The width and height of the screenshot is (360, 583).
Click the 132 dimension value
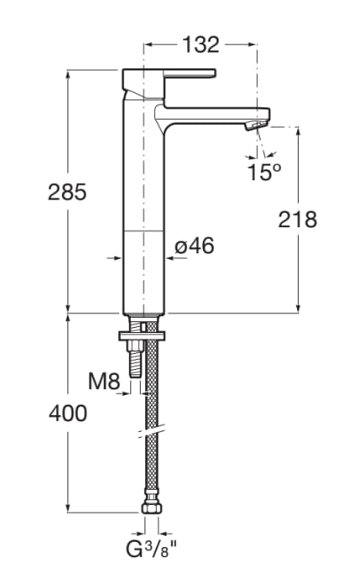(x=201, y=44)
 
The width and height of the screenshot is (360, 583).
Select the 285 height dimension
(x=67, y=192)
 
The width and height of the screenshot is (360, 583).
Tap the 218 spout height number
(x=298, y=220)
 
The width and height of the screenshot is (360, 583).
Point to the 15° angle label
(x=263, y=172)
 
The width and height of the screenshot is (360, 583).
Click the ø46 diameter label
(x=195, y=246)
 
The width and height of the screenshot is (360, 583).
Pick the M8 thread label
(x=105, y=382)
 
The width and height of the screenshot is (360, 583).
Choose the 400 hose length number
(x=67, y=414)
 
